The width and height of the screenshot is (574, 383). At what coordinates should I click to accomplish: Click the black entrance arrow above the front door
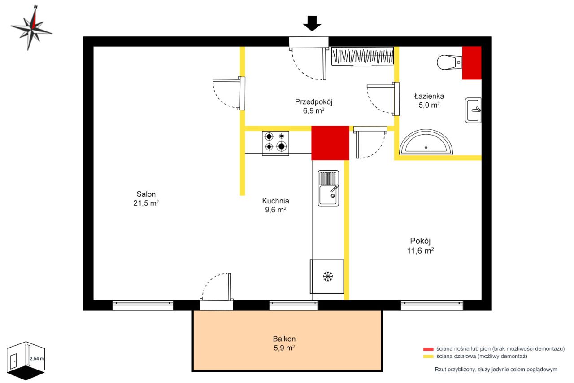[312, 23]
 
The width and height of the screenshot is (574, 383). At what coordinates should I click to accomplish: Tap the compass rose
[32, 28]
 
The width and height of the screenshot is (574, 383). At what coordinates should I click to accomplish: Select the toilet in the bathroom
[449, 62]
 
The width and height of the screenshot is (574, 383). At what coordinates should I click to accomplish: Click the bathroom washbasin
[473, 110]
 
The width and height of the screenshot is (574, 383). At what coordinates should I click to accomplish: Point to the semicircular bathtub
[426, 142]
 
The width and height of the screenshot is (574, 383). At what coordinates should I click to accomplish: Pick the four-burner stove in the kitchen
[275, 143]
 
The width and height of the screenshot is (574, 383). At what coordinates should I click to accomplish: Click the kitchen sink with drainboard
[328, 188]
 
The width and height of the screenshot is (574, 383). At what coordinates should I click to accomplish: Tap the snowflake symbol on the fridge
[328, 277]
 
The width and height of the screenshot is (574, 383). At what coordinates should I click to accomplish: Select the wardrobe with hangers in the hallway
[362, 56]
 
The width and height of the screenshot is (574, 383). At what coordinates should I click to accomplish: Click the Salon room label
[146, 194]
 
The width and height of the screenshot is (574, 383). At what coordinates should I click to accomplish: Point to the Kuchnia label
[275, 201]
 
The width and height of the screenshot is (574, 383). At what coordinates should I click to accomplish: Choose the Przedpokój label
[313, 102]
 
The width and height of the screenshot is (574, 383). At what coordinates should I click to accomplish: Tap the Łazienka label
[429, 96]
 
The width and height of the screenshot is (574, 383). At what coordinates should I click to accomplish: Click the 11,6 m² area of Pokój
[420, 251]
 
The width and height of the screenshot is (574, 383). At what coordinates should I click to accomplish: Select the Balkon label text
[284, 339]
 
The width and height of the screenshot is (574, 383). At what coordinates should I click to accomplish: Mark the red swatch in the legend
[428, 349]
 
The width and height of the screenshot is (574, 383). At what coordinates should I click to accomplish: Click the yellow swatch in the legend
[428, 357]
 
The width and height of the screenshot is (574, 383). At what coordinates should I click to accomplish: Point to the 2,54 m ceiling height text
[37, 359]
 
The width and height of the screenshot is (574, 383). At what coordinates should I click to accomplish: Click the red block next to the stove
[330, 143]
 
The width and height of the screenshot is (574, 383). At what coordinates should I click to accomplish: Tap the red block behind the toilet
[472, 63]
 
